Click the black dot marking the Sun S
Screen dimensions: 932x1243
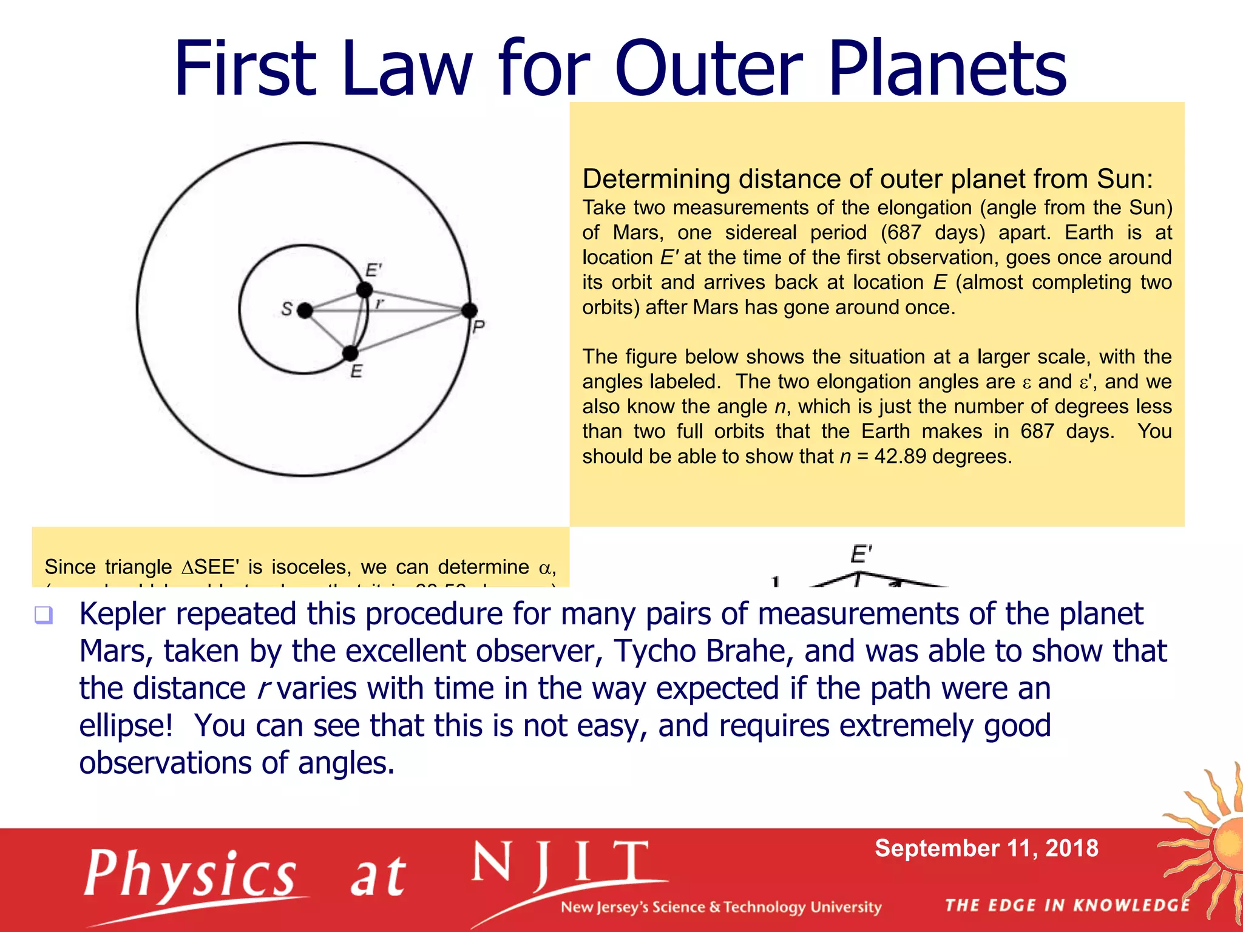click(305, 311)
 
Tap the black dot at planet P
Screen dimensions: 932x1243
click(469, 311)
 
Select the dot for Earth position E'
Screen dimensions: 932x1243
click(364, 290)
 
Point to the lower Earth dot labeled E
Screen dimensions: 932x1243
click(350, 353)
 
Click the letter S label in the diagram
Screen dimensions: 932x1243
click(287, 309)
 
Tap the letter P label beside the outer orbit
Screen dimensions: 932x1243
click(478, 328)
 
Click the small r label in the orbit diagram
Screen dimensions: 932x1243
click(380, 302)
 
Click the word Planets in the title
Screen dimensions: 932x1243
click(947, 68)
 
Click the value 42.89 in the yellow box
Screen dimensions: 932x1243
click(900, 456)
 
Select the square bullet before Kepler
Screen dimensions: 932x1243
click(44, 615)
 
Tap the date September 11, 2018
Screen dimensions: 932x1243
click(986, 848)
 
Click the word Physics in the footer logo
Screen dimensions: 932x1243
click(191, 874)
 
